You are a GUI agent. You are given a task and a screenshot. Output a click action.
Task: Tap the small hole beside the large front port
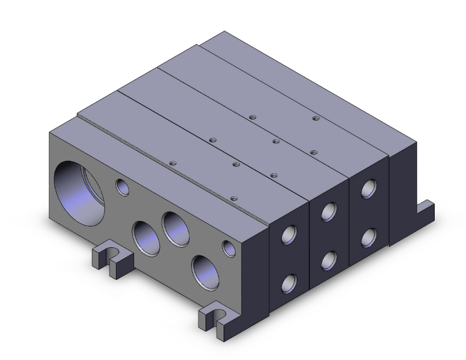[122, 186]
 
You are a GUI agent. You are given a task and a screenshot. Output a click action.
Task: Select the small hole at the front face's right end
[229, 249]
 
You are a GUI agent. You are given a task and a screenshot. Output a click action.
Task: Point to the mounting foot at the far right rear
[427, 212]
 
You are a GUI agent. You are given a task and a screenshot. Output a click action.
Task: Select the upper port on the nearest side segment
[289, 235]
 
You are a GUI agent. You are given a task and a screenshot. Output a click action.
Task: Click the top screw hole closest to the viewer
[233, 198]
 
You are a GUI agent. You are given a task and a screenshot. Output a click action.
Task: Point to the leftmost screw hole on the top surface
[173, 163]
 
